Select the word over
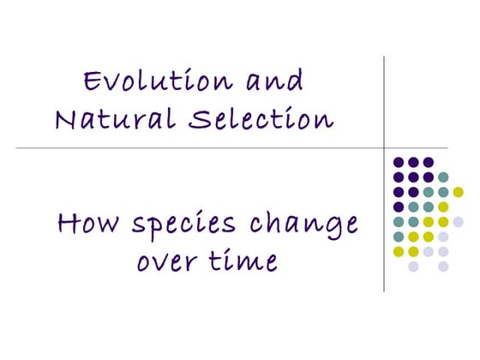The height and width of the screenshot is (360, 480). pos(169,261)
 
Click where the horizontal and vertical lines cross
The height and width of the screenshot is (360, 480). pos(384,148)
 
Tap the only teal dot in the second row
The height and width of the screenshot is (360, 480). pos(443,177)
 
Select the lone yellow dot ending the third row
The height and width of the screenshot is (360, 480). pos(458,192)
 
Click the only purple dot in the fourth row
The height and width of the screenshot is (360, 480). pos(399,207)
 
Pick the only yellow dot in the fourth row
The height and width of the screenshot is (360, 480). pos(443,207)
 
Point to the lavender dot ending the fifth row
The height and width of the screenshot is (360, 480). pos(458,221)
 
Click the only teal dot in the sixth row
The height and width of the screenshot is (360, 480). pos(399,237)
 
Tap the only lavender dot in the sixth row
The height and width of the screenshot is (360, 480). pos(443,237)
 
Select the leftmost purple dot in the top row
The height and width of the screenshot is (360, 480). pos(399,161)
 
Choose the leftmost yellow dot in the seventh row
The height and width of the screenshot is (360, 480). pos(399,251)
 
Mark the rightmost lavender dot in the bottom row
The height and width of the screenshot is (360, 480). pos(443,267)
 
